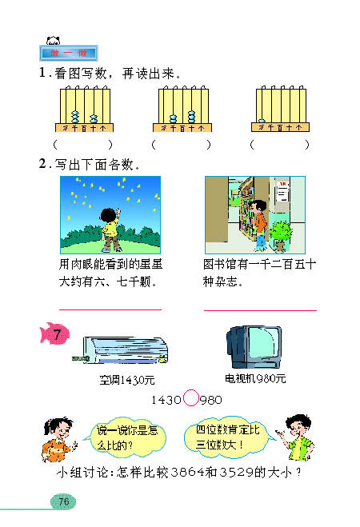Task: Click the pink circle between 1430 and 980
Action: click(x=191, y=398)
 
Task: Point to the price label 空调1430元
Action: click(x=127, y=379)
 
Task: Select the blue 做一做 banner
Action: click(x=68, y=54)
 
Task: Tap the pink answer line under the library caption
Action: click(x=260, y=310)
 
